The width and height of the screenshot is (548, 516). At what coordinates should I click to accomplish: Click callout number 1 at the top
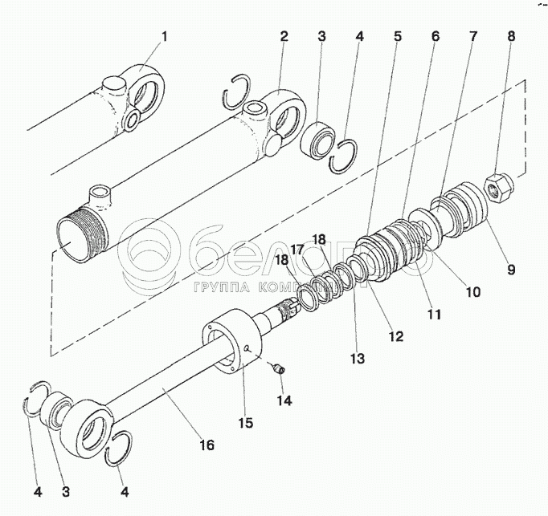pos(165,36)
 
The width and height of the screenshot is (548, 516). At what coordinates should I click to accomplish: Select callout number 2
pos(284,36)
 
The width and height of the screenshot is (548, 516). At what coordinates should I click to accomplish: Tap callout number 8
pos(510,36)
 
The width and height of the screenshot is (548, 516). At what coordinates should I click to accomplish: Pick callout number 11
pos(434,315)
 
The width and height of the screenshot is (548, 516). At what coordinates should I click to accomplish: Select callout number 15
pos(244,422)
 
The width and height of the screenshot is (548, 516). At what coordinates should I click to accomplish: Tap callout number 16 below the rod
pos(207,445)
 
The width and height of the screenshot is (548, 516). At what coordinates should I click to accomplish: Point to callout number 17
pos(296,250)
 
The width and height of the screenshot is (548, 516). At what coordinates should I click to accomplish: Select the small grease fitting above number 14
pos(280,368)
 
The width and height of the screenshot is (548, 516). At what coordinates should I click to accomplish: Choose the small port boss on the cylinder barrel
pos(100,193)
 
